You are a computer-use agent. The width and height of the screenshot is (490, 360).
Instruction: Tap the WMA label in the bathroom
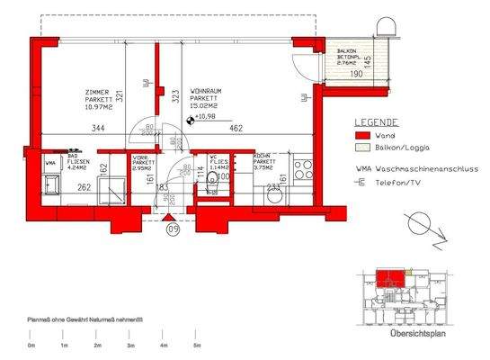51,165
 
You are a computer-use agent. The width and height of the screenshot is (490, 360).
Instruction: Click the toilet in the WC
213,178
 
